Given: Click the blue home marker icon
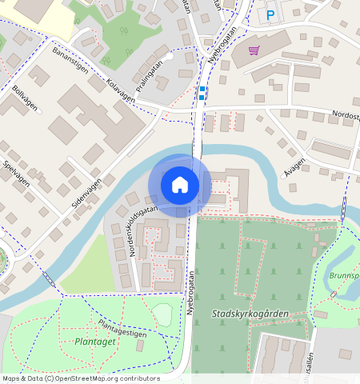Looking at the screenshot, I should coord(180,185).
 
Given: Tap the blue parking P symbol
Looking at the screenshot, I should coord(270,14).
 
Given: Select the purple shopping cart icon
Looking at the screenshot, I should coord(254,50).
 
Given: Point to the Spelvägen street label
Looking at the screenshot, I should coord(17,172).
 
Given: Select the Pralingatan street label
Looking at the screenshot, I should coord(149,76).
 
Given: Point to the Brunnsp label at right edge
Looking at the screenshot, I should coord(344,275).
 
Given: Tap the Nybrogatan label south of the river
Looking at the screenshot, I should coord(191,294).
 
